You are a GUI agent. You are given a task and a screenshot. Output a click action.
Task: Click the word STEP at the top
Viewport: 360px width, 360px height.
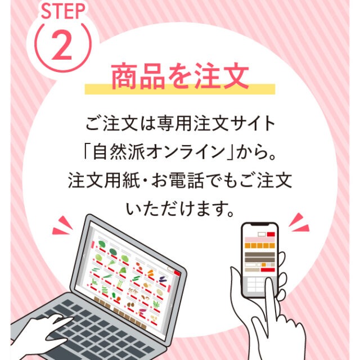click(x=63, y=11)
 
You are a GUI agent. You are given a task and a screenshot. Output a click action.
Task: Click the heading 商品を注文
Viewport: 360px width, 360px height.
click(x=180, y=76)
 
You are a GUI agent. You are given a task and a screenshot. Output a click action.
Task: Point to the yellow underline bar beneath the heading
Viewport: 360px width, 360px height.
click(x=180, y=89)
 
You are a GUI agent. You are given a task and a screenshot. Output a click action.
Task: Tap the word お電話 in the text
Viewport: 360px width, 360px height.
click(x=178, y=181)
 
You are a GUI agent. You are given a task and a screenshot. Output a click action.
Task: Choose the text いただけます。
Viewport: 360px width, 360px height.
click(x=180, y=209)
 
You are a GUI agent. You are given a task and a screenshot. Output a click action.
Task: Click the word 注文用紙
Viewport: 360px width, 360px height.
click(x=103, y=181)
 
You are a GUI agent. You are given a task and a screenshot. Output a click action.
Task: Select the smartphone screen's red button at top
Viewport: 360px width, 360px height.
click(x=271, y=234)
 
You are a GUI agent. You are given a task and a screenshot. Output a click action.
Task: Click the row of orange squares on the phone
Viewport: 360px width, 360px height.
click(x=260, y=246)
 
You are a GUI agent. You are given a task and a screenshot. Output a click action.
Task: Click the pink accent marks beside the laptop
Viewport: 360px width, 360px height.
click(x=62, y=226)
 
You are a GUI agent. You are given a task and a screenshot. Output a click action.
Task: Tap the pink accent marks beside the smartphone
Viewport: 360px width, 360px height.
click(x=299, y=222)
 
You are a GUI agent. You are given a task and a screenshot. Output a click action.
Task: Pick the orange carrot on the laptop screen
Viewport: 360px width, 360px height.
click(x=150, y=273)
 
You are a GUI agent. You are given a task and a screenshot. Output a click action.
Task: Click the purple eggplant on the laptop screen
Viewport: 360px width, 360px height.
click(x=163, y=279)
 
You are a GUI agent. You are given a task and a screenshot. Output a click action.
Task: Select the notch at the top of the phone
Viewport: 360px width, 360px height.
click(x=260, y=224)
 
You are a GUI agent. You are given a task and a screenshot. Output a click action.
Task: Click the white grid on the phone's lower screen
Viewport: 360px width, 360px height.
click(x=255, y=285)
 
